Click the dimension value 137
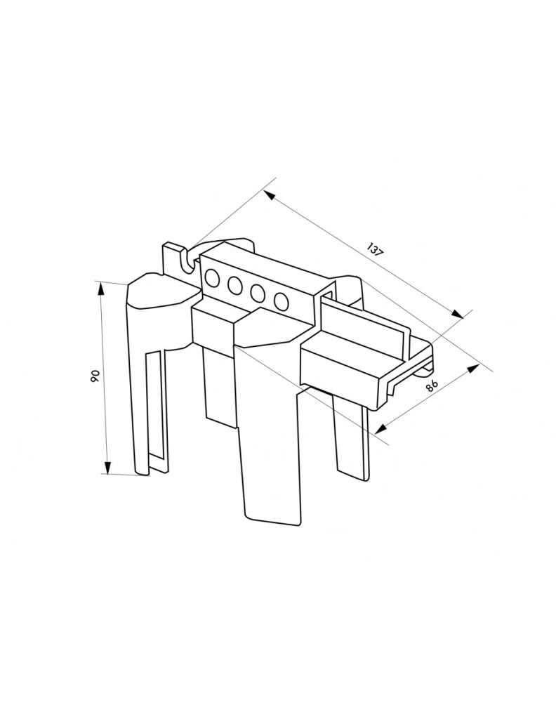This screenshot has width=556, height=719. click(375, 251)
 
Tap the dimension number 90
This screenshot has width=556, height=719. click(95, 376)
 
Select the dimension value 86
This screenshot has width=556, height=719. click(430, 385)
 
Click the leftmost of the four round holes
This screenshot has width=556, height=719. click(213, 278)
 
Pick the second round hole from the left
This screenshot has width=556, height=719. click(234, 286)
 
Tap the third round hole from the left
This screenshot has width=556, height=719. click(258, 293)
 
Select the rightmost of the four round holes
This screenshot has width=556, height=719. click(281, 300)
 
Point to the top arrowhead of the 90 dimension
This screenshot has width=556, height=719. click(102, 289)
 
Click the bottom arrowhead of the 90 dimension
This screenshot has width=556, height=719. click(107, 467)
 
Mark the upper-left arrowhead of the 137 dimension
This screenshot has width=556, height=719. click(270, 197)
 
